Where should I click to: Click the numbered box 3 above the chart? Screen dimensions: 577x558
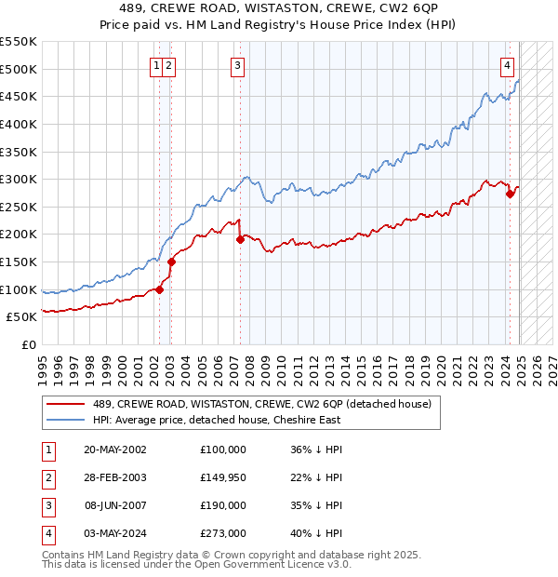[238, 65]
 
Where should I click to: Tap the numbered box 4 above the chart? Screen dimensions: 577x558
[508, 65]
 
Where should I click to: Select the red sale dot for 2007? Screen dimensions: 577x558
[240, 239]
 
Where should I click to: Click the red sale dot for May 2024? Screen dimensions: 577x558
[510, 194]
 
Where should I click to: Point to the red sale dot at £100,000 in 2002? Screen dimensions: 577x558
[159, 289]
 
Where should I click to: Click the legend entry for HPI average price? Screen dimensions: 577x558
[217, 420]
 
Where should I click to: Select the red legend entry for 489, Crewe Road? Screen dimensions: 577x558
[262, 405]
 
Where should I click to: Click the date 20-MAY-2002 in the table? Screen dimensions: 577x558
[115, 450]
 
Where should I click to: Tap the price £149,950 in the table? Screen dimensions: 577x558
[223, 477]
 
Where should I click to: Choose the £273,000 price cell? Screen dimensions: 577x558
[223, 533]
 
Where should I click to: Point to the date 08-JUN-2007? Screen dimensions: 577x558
[115, 505]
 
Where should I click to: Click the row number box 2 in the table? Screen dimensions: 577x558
[47, 477]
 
